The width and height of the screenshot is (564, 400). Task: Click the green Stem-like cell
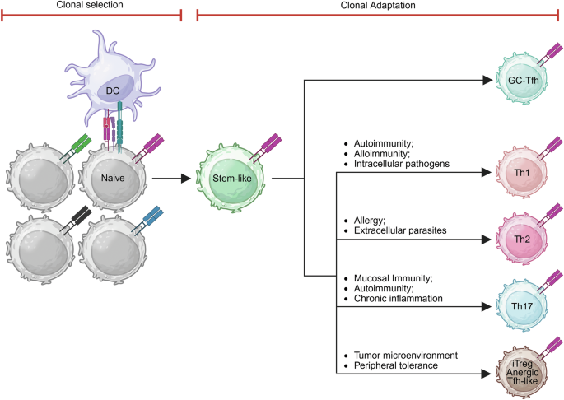(x=231, y=177)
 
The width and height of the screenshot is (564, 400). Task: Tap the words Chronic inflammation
(x=399, y=298)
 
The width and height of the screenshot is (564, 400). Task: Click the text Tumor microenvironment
(x=405, y=355)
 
